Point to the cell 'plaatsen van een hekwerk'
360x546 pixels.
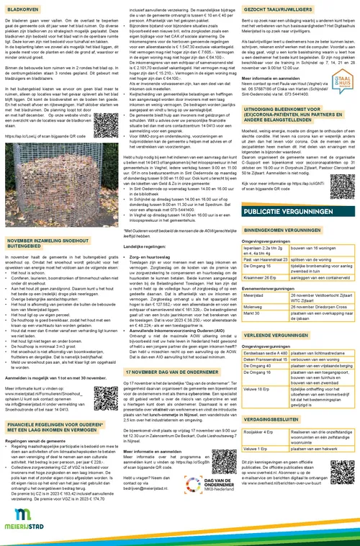coord(311,489)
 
